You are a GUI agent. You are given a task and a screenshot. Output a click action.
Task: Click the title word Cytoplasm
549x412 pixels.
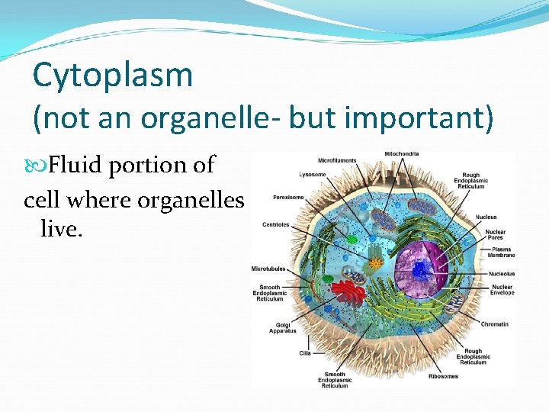click(113, 76)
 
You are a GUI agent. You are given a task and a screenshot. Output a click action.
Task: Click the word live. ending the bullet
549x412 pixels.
click(61, 227)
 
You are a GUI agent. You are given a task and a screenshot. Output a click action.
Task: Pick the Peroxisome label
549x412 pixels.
click(289, 197)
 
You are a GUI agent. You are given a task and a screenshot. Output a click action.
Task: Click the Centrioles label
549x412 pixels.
click(276, 224)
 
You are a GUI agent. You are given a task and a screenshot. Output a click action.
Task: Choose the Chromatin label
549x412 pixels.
click(494, 324)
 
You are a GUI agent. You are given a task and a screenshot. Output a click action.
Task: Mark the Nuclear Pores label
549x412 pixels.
click(495, 234)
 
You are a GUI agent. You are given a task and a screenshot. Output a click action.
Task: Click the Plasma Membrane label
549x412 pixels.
click(501, 253)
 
